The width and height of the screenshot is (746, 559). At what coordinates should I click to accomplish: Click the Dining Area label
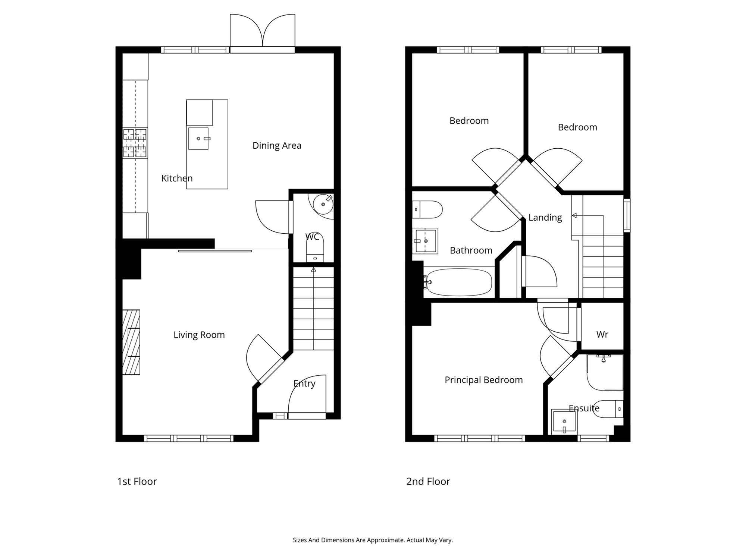(x=277, y=145)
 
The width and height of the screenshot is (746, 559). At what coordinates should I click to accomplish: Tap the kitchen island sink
(x=198, y=139)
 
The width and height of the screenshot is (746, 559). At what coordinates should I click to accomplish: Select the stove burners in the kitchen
(x=135, y=143)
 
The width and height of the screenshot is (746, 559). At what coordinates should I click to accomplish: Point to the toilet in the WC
(x=315, y=248)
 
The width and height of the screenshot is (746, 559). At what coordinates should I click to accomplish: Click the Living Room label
(x=199, y=335)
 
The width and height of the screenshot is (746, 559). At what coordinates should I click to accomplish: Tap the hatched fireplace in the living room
(x=131, y=342)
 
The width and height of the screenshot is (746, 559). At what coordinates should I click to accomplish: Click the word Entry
(x=304, y=383)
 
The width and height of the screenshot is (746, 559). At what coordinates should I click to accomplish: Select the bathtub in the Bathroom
(x=458, y=282)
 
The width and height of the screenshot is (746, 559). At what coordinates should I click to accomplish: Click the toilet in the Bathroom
(x=427, y=209)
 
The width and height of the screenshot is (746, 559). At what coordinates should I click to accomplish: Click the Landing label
(x=545, y=218)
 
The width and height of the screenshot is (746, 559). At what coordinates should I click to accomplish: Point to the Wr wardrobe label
(x=602, y=334)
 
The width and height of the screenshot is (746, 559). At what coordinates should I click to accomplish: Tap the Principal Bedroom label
(x=484, y=380)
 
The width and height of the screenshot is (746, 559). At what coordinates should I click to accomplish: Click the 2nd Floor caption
(x=428, y=481)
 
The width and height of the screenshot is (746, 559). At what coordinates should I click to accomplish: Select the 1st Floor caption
(x=137, y=481)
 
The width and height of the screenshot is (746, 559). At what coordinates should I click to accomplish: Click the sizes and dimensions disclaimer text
(x=373, y=540)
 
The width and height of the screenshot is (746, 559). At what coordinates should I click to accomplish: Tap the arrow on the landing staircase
(x=588, y=215)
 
